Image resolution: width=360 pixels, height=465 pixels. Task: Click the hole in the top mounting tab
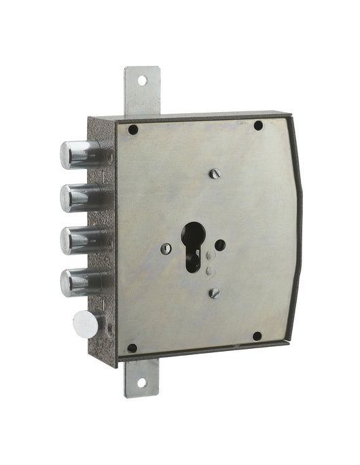[x=142, y=80]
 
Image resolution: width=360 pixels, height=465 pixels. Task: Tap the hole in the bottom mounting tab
[x=141, y=382]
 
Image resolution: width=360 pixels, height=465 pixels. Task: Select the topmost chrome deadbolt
[x=79, y=154]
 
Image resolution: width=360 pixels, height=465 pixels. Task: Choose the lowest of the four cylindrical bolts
[x=79, y=282]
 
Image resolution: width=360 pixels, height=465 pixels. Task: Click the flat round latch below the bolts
[x=86, y=324]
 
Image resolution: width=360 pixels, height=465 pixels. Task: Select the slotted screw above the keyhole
[x=215, y=174]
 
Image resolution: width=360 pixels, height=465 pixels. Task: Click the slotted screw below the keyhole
[x=215, y=293]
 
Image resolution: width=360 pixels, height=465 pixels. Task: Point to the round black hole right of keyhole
[x=220, y=244]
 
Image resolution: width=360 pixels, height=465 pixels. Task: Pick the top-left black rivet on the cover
[x=133, y=130]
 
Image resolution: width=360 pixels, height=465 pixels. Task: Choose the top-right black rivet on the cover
[x=258, y=125]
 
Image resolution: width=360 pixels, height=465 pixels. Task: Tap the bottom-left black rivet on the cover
[x=132, y=348]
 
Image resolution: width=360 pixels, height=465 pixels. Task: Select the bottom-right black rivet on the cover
[x=257, y=336]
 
